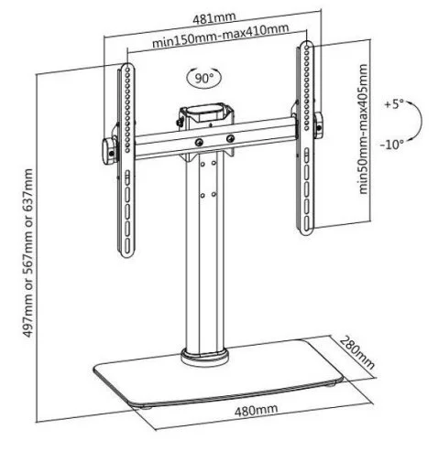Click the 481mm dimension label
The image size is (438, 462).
214,17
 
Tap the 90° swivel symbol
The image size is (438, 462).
204,78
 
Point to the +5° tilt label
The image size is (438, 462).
394,104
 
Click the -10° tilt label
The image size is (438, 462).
392,144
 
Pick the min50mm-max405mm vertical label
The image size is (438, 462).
362,129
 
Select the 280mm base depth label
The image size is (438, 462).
357,352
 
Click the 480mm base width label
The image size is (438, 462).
256,410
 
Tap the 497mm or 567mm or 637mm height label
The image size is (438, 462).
27,252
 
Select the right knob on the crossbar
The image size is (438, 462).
319,125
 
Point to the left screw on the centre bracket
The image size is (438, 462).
199,142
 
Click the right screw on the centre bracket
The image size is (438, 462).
230,138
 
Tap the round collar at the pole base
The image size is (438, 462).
204,358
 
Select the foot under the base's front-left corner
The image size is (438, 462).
146,407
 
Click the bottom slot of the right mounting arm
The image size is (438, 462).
306,225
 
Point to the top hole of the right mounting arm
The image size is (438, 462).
306,47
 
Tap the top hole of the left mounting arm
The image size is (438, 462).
127,69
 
